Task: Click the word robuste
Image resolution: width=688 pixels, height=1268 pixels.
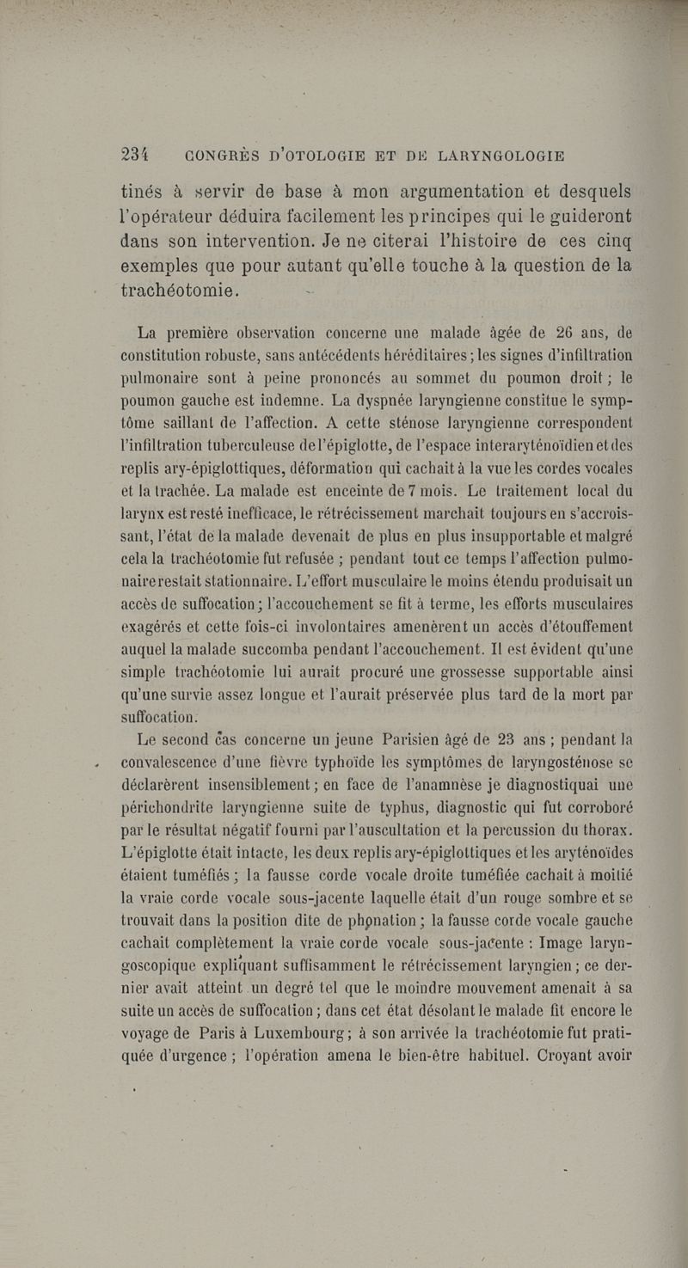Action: (x=255, y=355)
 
